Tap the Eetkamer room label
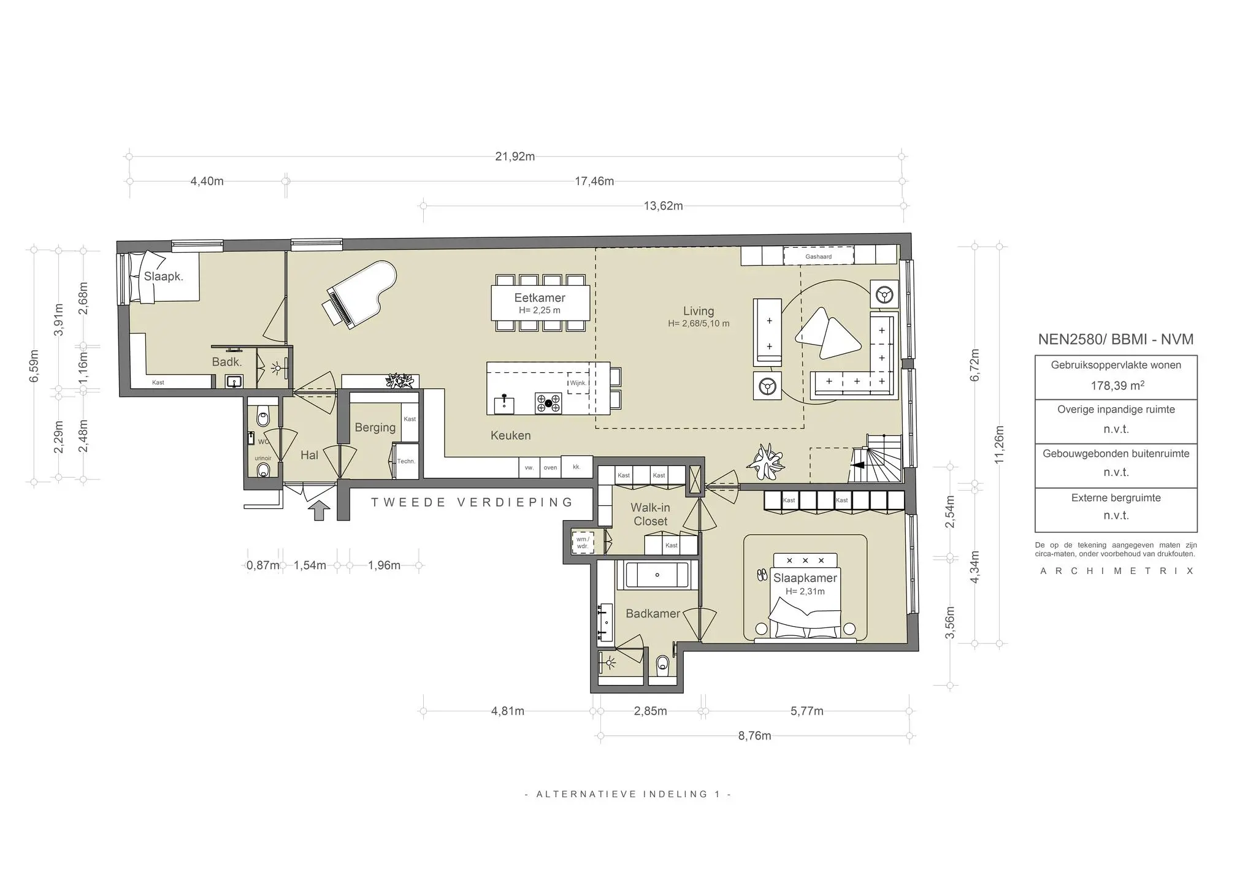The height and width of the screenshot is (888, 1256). (x=540, y=298)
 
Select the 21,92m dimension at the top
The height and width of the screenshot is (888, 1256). (x=515, y=156)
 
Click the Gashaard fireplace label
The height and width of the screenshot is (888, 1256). (x=818, y=256)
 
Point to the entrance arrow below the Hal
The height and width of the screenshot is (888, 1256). (x=319, y=510)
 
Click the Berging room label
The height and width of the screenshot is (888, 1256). (x=375, y=427)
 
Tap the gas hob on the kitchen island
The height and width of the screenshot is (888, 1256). (x=548, y=403)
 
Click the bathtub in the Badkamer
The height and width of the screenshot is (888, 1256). (x=657, y=575)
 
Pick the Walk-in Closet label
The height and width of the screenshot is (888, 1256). (x=650, y=515)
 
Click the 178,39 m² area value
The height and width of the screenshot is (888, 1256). (x=1117, y=386)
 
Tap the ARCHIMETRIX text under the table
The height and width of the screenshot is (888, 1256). (x=1116, y=571)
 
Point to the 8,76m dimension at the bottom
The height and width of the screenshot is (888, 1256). (x=754, y=736)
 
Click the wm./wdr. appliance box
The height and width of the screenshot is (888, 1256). (x=582, y=543)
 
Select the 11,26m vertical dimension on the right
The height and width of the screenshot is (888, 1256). (x=999, y=445)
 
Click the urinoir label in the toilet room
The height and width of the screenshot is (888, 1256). (x=263, y=458)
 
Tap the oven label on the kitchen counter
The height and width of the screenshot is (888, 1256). (x=550, y=467)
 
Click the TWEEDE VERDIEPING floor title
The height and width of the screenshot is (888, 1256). (x=472, y=502)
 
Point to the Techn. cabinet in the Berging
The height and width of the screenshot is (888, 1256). (x=405, y=461)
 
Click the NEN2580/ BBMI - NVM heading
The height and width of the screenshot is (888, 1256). (x=1116, y=339)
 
